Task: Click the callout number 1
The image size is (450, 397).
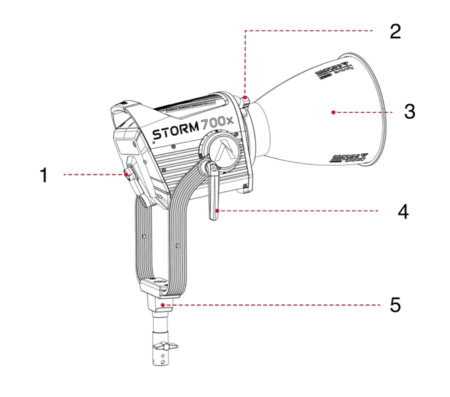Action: [44, 175]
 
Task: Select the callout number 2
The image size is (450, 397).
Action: [396, 32]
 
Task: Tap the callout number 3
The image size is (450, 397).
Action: [409, 112]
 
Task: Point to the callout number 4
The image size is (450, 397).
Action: [403, 212]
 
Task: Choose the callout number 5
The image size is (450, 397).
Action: [396, 305]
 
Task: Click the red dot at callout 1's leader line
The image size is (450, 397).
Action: [126, 175]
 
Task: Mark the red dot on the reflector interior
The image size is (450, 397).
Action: [334, 112]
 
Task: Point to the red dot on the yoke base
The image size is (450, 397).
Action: [163, 304]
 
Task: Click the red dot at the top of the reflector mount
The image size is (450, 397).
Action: [246, 99]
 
